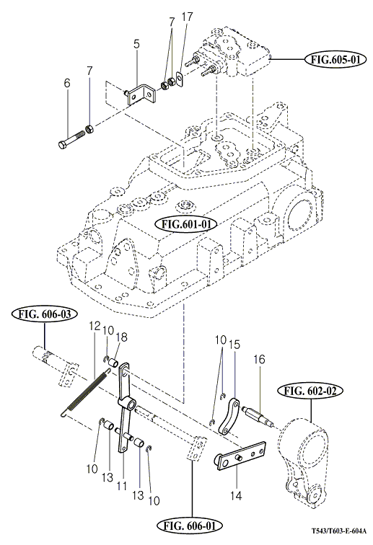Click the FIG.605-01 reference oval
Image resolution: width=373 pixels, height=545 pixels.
click(x=335, y=60)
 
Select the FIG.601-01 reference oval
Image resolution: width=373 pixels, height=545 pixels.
click(x=186, y=224)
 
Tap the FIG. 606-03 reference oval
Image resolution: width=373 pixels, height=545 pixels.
click(x=45, y=314)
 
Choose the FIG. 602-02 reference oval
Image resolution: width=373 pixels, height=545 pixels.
click(x=310, y=391)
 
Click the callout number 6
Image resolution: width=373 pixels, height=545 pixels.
click(x=67, y=83)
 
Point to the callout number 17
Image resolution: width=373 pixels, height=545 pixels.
click(x=187, y=17)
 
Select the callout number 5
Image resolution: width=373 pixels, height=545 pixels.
click(x=136, y=44)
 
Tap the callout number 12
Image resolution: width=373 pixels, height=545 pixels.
click(x=95, y=326)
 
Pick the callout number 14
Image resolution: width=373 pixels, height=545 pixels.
click(x=236, y=496)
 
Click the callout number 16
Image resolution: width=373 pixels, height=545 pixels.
click(x=260, y=359)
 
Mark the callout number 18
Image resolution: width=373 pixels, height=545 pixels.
click(x=121, y=337)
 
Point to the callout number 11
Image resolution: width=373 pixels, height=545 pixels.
click(x=122, y=486)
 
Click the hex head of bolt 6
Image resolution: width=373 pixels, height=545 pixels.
click(x=62, y=144)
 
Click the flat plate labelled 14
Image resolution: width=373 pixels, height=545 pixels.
click(x=240, y=456)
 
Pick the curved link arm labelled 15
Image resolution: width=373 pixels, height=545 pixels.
click(x=229, y=417)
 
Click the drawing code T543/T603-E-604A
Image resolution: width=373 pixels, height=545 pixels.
click(x=338, y=531)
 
